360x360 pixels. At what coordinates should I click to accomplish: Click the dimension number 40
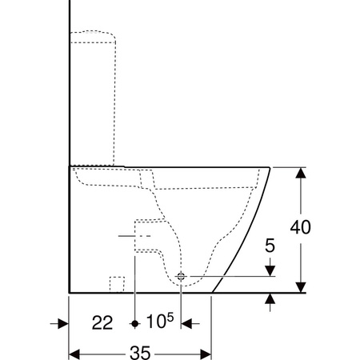click(x=301, y=227)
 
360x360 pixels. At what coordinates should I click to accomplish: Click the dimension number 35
click(x=140, y=353)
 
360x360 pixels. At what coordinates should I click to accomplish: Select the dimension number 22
click(x=102, y=323)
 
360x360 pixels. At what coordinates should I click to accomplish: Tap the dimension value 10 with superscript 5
click(x=160, y=321)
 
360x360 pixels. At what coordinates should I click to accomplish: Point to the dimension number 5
click(x=270, y=246)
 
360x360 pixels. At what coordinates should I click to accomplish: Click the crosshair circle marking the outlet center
click(x=181, y=277)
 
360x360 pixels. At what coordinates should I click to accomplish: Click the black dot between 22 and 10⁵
click(x=135, y=324)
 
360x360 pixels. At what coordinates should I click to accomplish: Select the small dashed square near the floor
click(x=117, y=284)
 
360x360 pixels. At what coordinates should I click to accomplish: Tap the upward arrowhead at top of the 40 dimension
click(x=301, y=173)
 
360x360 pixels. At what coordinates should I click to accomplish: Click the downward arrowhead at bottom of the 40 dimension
click(x=301, y=287)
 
